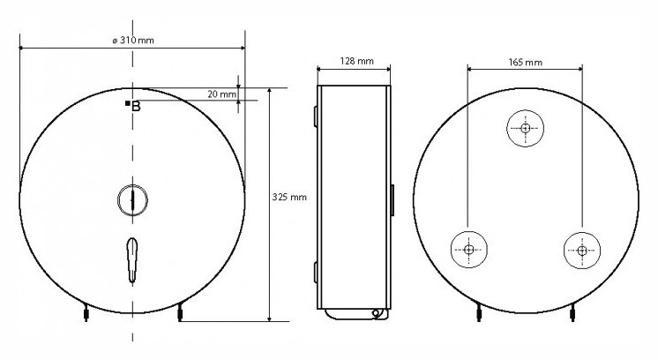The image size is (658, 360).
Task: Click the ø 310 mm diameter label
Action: point(133,41)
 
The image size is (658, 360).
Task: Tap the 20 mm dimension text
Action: point(221,94)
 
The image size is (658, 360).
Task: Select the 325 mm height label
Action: point(289,197)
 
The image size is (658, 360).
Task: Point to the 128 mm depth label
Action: point(356,61)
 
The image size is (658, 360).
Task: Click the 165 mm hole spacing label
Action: point(525,63)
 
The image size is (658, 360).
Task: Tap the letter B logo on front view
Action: point(136,107)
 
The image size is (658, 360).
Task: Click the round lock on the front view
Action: point(132,200)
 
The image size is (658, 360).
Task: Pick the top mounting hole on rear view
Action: point(525,129)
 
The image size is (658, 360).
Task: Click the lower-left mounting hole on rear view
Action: point(468,250)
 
